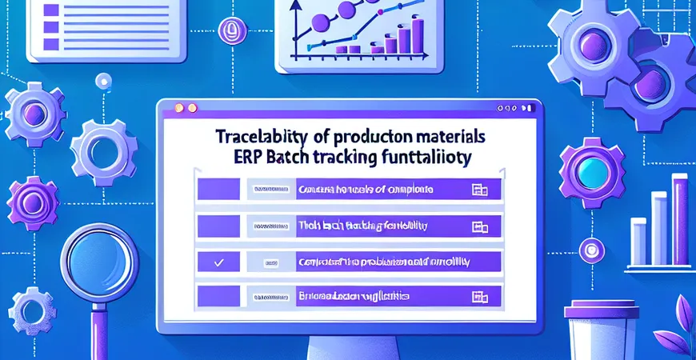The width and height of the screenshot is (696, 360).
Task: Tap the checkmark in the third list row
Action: pyautogui.click(x=218, y=261)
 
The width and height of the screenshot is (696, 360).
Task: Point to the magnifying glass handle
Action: pyautogui.click(x=102, y=332)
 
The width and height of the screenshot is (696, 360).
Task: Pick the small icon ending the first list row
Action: pyautogui.click(x=481, y=190)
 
